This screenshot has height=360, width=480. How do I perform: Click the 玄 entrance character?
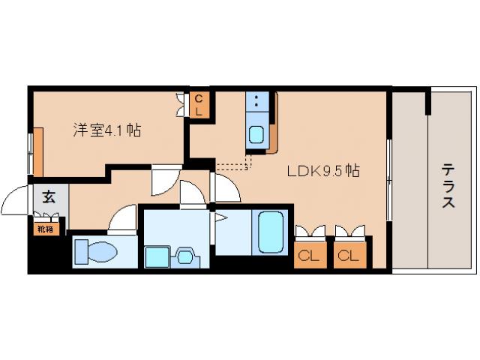point(49,198)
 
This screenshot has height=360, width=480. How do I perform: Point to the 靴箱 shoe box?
point(46,228)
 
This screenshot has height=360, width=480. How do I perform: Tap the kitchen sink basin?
point(256,136)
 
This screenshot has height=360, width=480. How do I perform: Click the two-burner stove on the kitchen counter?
point(257,103)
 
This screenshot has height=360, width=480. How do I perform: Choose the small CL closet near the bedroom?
point(198,103)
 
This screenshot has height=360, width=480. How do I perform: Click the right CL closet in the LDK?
point(346,255)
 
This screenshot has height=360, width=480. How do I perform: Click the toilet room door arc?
point(121,219)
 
